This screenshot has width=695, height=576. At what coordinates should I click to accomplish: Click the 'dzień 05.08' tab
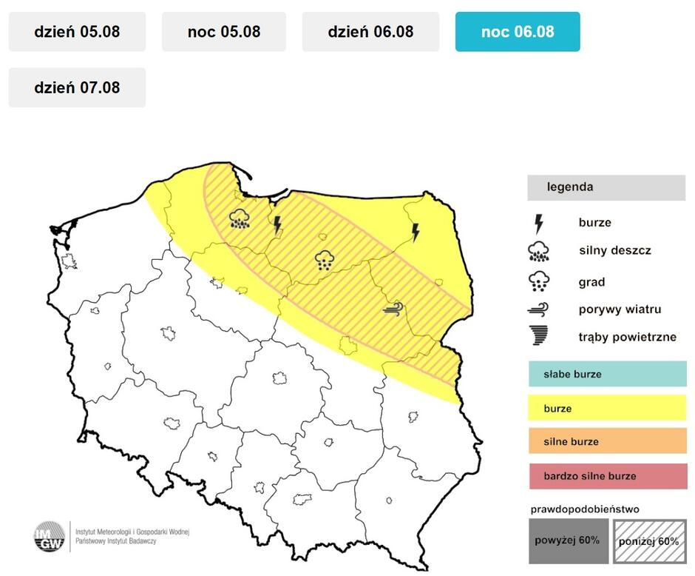pyautogui.click(x=77, y=32)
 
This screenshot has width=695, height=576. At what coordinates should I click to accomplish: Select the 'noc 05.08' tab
pyautogui.click(x=224, y=32)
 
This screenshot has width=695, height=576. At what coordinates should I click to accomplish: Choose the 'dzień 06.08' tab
pyautogui.click(x=370, y=32)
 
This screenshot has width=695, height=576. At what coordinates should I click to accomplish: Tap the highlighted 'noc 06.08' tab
pyautogui.click(x=518, y=32)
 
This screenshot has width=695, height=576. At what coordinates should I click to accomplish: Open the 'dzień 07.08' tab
pyautogui.click(x=77, y=87)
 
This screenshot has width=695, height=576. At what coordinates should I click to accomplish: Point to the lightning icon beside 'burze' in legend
pyautogui.click(x=539, y=222)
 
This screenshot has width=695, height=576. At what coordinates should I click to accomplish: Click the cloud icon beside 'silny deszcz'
pyautogui.click(x=539, y=252)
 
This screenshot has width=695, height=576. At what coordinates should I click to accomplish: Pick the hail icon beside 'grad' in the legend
pyautogui.click(x=539, y=281)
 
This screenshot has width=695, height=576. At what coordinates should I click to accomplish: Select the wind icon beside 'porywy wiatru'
pyautogui.click(x=539, y=309)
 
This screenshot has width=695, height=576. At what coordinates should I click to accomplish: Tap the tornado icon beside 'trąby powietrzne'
pyautogui.click(x=539, y=336)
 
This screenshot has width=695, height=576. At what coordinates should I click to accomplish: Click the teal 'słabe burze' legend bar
pyautogui.click(x=607, y=374)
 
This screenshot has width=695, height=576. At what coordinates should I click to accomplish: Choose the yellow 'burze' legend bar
pyautogui.click(x=607, y=408)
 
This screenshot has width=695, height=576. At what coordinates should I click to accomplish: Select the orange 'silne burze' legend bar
pyautogui.click(x=607, y=442)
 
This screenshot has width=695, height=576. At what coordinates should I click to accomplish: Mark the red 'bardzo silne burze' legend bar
pyautogui.click(x=607, y=476)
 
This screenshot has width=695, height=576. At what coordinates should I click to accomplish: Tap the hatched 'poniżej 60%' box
pyautogui.click(x=648, y=540)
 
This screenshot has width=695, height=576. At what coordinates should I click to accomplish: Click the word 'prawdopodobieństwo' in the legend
pyautogui.click(x=585, y=509)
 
